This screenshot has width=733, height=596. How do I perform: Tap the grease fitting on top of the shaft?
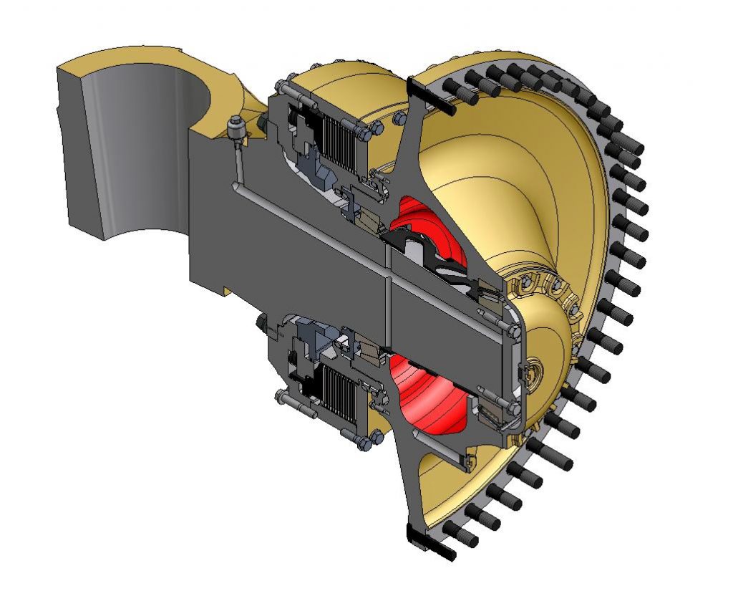(235, 129)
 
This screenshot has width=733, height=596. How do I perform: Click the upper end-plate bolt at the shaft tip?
(511, 329)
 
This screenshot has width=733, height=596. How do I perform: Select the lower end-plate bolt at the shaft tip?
(510, 409)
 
